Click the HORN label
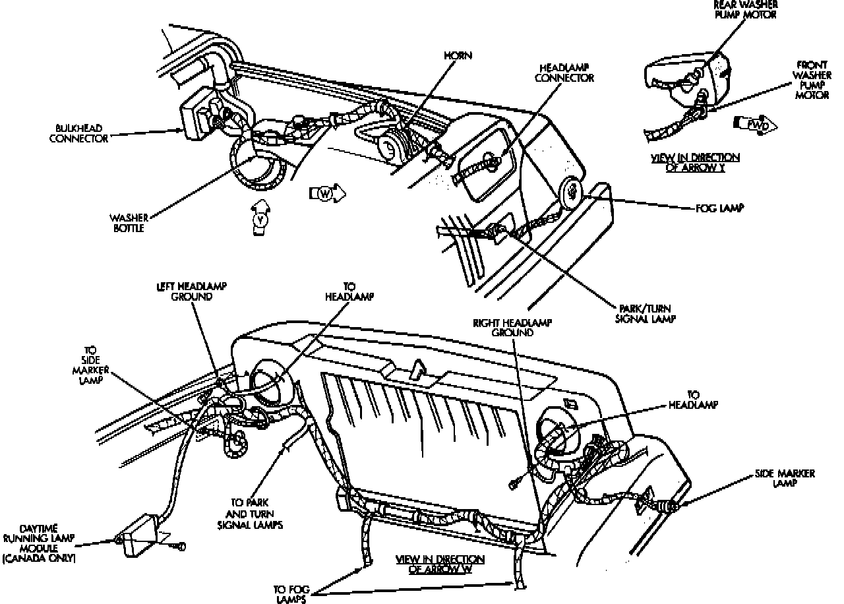pyautogui.click(x=458, y=55)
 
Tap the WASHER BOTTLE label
pyautogui.click(x=127, y=223)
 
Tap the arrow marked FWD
pyautogui.click(x=755, y=124)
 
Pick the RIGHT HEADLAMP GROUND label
pyautogui.click(x=512, y=328)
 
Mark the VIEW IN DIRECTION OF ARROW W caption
pyautogui.click(x=440, y=564)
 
